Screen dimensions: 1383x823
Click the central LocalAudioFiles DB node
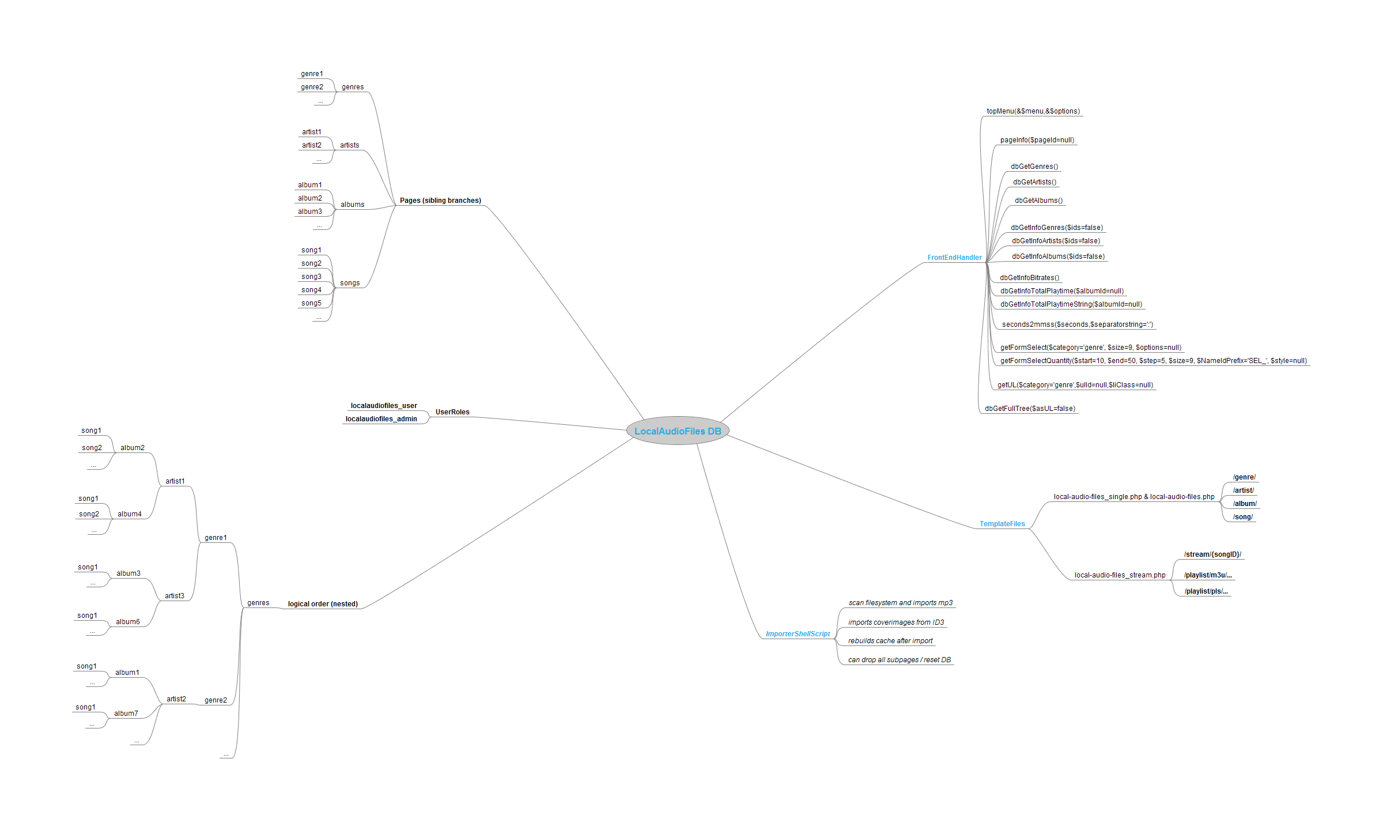click(678, 431)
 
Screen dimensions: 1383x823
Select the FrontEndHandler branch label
click(954, 258)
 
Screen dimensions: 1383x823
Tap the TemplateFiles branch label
click(1002, 524)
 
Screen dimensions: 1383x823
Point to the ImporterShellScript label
click(798, 634)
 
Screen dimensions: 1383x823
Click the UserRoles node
click(452, 412)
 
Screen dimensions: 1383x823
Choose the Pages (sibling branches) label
click(440, 201)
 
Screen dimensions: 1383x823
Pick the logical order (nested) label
click(323, 604)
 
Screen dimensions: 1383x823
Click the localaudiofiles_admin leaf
click(381, 419)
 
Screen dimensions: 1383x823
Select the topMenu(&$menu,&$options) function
click(1033, 111)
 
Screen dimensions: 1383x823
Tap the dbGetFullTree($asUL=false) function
click(1030, 409)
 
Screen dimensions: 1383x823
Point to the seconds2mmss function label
click(1078, 324)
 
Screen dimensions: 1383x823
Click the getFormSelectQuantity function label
click(1154, 361)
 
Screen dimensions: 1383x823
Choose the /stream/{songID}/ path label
click(1212, 554)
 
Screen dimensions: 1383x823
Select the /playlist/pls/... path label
click(1206, 591)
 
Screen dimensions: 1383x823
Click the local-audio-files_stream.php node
click(1120, 575)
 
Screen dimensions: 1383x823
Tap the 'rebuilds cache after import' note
click(890, 641)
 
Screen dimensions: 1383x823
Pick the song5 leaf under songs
click(311, 303)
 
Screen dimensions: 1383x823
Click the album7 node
click(126, 713)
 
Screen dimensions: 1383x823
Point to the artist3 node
click(175, 596)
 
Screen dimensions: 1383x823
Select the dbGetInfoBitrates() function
click(1029, 278)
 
